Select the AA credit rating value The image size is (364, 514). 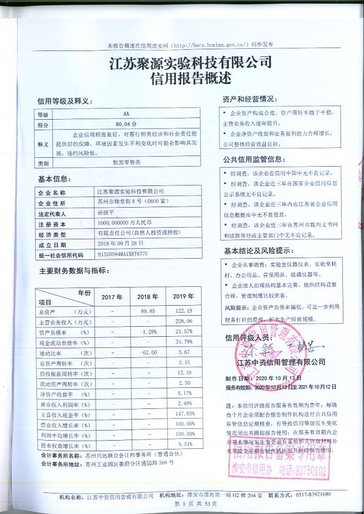click(125, 114)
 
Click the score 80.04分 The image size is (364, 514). click(126, 124)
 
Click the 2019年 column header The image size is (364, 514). click(184, 297)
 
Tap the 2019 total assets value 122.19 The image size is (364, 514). click(184, 310)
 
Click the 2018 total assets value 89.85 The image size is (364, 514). click(147, 310)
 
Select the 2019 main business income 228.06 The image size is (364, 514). click(184, 322)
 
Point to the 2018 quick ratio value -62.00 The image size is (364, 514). click(148, 352)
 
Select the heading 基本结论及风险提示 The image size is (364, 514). click(257, 251)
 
